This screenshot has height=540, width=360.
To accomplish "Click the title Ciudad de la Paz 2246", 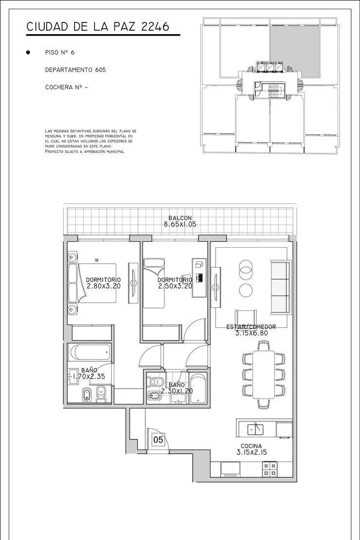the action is click(98, 27).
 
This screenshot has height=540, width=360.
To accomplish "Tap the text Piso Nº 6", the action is click(60, 53).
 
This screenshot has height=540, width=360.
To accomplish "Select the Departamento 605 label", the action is click(75, 70).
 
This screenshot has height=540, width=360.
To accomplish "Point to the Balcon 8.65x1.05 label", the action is click(180, 221).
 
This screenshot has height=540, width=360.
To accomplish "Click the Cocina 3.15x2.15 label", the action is click(252, 449).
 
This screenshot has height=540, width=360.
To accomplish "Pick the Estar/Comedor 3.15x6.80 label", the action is click(251, 330).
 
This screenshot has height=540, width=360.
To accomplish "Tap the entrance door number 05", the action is click(158, 440).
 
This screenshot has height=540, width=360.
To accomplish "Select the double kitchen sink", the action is click(255, 429).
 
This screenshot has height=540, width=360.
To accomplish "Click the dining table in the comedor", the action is click(264, 374).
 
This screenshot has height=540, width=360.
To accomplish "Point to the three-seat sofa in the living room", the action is click(280, 287).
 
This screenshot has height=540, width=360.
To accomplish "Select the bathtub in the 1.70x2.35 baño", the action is click(89, 352).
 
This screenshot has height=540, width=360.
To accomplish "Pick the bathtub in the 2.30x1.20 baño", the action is click(198, 388).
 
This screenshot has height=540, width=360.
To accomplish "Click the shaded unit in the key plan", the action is click(295, 51).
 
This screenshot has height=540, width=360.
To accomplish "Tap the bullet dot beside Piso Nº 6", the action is click(28, 53).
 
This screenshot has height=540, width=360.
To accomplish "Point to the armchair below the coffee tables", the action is click(246, 317).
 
